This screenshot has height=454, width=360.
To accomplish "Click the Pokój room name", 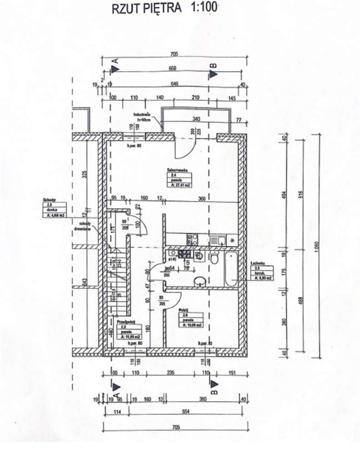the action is click(185, 310).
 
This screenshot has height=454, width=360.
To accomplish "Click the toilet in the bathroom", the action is click(214, 259).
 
